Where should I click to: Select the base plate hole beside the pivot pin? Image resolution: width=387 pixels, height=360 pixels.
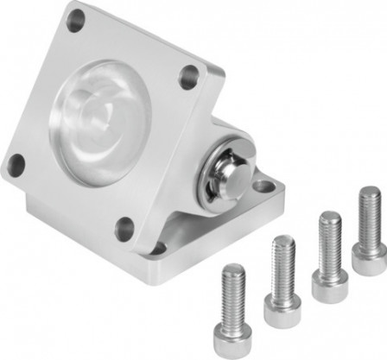(x=263, y=185)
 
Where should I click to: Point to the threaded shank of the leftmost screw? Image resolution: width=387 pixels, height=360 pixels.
(x=233, y=285)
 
